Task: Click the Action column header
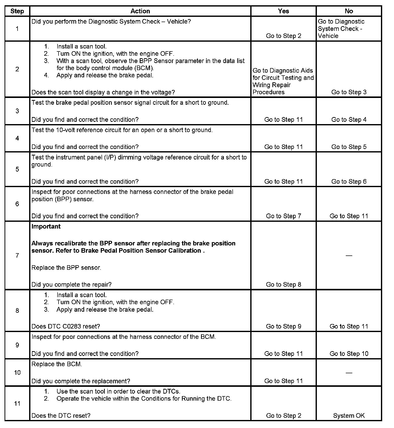coord(140,11)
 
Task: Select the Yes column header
coord(283,11)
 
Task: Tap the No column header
coord(349,11)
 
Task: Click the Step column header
coord(17,11)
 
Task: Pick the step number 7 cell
coord(17,255)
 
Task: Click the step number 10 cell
coord(17,372)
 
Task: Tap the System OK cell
coord(349,416)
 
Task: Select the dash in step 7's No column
coord(349,255)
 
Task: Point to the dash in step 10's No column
coord(349,372)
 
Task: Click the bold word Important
coord(46,226)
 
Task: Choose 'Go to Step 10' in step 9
coord(349,354)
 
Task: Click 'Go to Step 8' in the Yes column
coord(283,285)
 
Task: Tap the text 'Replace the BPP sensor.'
coord(66,268)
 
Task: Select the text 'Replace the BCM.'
coord(57,364)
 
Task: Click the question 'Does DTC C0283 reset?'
coord(66,326)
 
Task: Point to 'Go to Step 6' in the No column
coord(349,181)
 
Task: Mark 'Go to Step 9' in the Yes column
coord(283,326)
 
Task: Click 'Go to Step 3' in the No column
coord(349,92)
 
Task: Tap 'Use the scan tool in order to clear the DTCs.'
coord(118,391)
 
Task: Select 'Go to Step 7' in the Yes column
coord(283,216)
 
